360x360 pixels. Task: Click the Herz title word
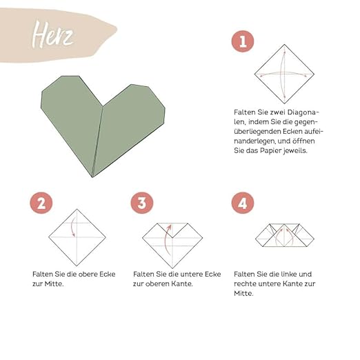tap(52, 34)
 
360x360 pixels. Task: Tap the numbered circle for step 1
tap(243, 41)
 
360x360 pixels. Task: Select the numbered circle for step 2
tap(41, 203)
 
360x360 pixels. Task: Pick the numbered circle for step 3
tap(142, 203)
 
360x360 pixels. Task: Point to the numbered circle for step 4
tap(243, 203)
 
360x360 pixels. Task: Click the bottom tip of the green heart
tap(92, 177)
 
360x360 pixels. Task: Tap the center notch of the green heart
tap(103, 106)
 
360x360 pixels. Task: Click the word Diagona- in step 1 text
tap(303, 112)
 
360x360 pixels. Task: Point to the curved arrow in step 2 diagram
tap(72, 226)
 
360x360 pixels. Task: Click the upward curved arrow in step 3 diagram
tap(166, 240)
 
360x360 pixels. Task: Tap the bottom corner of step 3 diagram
tap(172, 268)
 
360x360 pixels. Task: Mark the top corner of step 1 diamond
tap(284, 45)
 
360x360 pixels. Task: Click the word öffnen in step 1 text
tap(303, 141)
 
